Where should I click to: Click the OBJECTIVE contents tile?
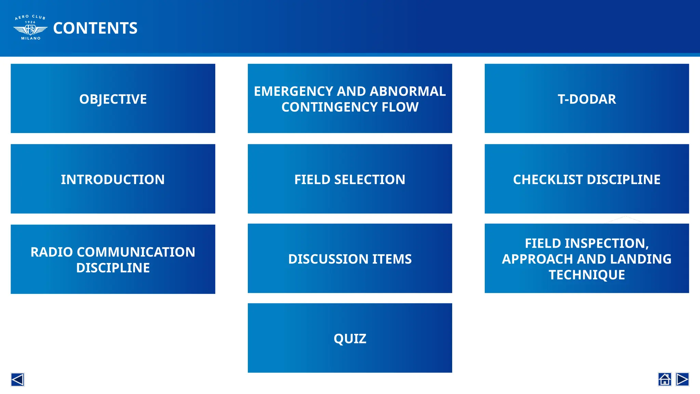pos(113,98)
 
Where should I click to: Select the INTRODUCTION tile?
pos(113,179)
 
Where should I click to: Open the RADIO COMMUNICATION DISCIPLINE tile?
pos(113,259)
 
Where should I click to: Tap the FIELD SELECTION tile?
pos(350,179)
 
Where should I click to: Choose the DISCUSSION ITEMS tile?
pos(350,259)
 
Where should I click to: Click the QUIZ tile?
pos(350,338)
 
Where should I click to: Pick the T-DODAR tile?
pos(587,98)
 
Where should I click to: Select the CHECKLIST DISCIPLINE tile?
pos(587,179)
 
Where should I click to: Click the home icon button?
pos(664,379)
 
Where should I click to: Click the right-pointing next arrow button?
pos(682,379)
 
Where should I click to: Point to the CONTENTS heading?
pos(95,28)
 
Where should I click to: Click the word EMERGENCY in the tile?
pos(293,91)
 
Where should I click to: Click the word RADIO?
pos(52,252)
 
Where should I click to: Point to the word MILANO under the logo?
pos(31,38)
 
